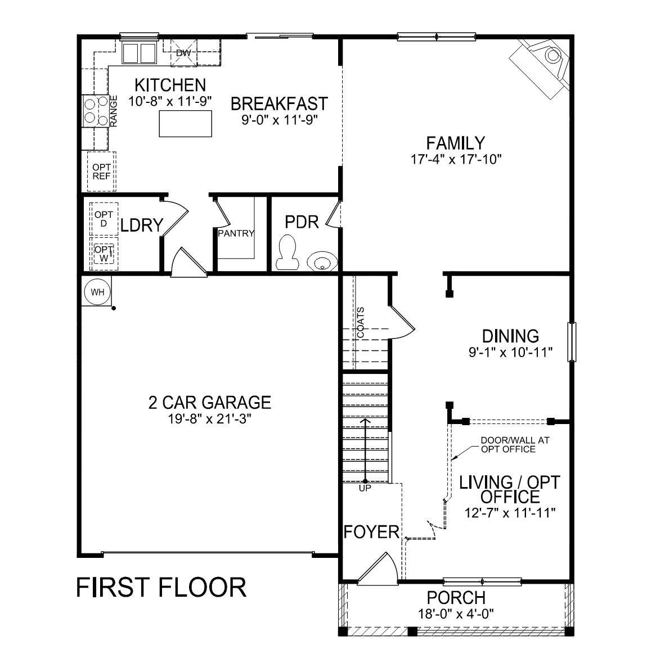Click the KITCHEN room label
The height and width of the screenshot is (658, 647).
(170, 85)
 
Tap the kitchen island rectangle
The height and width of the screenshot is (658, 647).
(186, 124)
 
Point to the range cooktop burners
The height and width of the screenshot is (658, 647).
(95, 111)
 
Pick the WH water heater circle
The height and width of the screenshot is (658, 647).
(98, 292)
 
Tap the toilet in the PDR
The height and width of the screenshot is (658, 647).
(287, 253)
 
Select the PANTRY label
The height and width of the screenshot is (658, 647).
(236, 233)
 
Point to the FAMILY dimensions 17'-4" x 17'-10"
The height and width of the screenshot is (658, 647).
(455, 159)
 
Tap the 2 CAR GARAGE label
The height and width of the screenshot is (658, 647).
(209, 403)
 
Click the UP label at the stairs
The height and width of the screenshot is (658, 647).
(365, 489)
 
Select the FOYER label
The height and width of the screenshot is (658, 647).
(371, 531)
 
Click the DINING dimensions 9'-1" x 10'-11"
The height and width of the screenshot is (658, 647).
(510, 353)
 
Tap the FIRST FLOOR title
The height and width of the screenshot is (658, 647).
(161, 588)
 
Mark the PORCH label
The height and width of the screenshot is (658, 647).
(456, 598)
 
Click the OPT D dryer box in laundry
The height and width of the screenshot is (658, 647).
(104, 219)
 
